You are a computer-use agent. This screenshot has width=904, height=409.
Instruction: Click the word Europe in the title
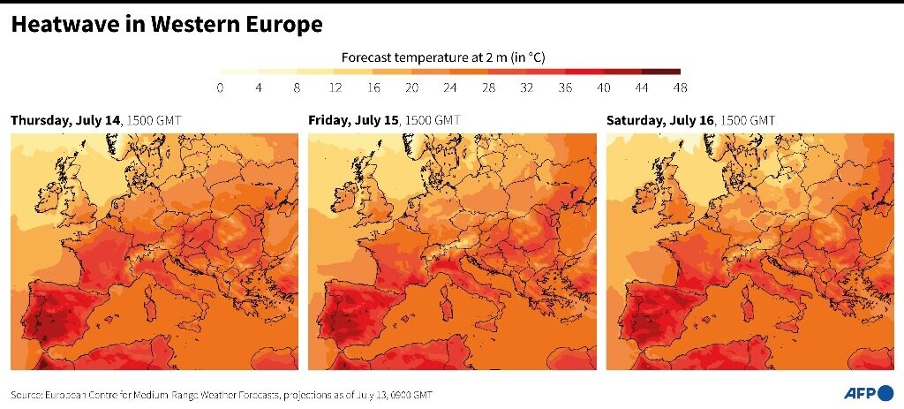(x=282, y=25)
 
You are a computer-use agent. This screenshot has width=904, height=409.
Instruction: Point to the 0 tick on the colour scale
(x=220, y=87)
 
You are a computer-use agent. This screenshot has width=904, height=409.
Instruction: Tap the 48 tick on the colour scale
(x=680, y=87)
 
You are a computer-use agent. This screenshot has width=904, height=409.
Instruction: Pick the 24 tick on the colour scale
(x=449, y=87)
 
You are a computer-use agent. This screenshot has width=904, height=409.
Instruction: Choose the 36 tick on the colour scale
(x=565, y=87)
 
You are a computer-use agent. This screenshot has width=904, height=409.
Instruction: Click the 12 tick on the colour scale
(x=335, y=87)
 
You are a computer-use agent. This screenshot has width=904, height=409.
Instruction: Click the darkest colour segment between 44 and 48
(x=661, y=72)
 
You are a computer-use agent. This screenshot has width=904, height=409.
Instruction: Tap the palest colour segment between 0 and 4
(x=238, y=72)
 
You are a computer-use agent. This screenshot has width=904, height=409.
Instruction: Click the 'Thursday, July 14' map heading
(x=65, y=120)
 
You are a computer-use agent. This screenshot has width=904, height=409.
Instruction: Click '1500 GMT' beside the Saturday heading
(x=749, y=120)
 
